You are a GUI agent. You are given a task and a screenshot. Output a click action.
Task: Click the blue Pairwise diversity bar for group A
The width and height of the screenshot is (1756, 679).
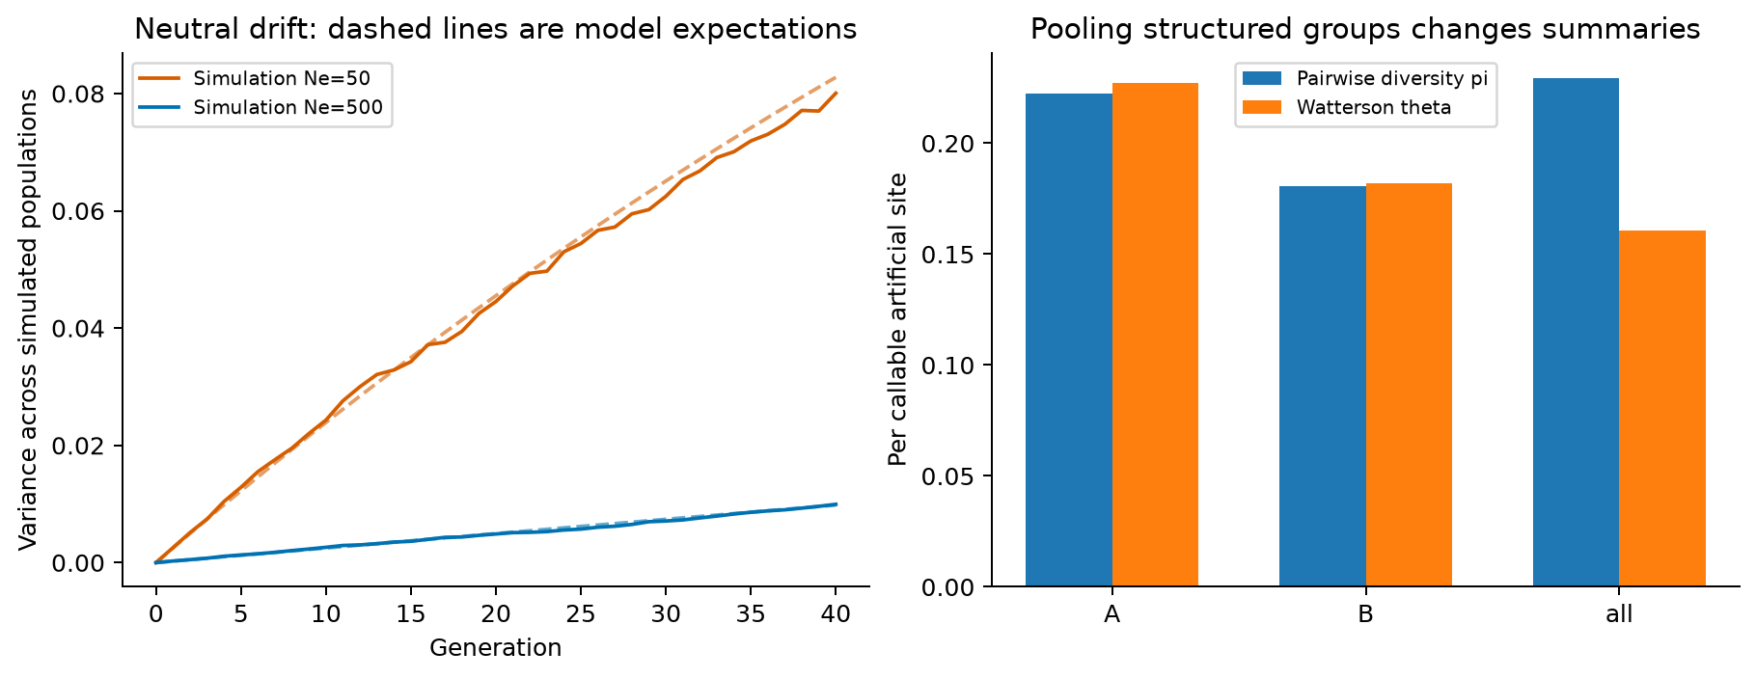(1068, 339)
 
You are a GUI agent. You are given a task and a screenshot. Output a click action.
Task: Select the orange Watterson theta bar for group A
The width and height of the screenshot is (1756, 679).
(1155, 335)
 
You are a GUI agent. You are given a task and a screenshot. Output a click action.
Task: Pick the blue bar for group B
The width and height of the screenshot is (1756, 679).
(1322, 386)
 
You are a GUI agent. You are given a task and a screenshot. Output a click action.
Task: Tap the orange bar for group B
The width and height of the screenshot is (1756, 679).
(1409, 385)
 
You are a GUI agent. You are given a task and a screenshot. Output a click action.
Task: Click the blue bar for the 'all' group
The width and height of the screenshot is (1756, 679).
(1576, 332)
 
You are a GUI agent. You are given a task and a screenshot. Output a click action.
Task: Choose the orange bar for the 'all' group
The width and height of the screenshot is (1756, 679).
(1662, 408)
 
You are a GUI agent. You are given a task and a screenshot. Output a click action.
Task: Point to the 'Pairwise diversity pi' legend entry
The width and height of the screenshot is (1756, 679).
(1365, 78)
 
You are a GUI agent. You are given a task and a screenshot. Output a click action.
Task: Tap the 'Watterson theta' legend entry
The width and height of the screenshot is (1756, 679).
(1347, 107)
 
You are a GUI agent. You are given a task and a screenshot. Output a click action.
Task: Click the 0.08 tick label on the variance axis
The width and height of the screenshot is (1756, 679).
(80, 94)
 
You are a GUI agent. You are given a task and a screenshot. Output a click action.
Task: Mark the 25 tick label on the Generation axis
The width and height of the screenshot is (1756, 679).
(581, 614)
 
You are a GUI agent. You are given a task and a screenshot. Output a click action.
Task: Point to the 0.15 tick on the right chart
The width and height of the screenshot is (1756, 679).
(949, 255)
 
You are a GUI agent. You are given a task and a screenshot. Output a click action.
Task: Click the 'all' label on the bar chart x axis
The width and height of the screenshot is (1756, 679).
(1619, 614)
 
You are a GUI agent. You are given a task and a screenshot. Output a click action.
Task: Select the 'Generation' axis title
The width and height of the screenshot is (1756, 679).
(496, 647)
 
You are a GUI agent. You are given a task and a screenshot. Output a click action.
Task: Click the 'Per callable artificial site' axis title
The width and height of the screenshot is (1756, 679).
(898, 319)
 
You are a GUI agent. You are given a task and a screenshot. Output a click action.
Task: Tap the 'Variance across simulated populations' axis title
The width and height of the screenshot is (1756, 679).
(29, 319)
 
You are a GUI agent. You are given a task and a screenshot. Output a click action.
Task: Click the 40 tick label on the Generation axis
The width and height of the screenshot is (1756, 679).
(836, 614)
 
